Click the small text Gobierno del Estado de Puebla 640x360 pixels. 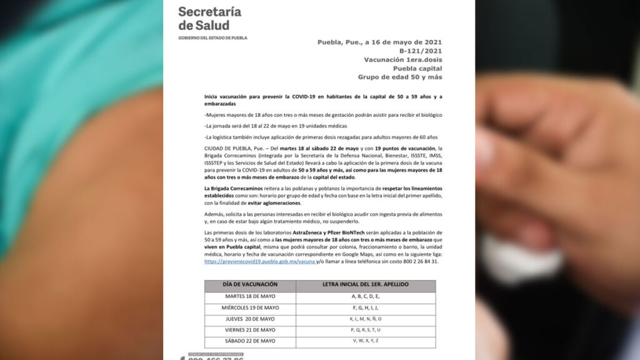point(212,38)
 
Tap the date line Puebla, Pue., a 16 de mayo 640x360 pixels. point(379,42)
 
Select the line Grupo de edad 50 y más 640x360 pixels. point(400,77)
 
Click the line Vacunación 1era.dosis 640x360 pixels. point(403,60)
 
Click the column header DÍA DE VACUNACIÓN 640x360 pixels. point(250,285)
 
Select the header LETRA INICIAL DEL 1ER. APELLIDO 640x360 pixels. point(366,285)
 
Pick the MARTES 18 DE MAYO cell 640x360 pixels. point(250,296)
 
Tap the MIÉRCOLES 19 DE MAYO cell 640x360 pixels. point(250,307)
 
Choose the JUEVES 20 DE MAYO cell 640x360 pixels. point(250,319)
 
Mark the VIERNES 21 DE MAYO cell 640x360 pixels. point(250,330)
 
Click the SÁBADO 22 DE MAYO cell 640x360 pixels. point(250,341)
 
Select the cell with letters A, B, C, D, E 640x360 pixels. point(366,296)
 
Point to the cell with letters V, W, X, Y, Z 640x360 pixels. point(366,341)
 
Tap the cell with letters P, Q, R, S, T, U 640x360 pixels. point(366,330)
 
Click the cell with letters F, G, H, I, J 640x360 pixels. point(366,307)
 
